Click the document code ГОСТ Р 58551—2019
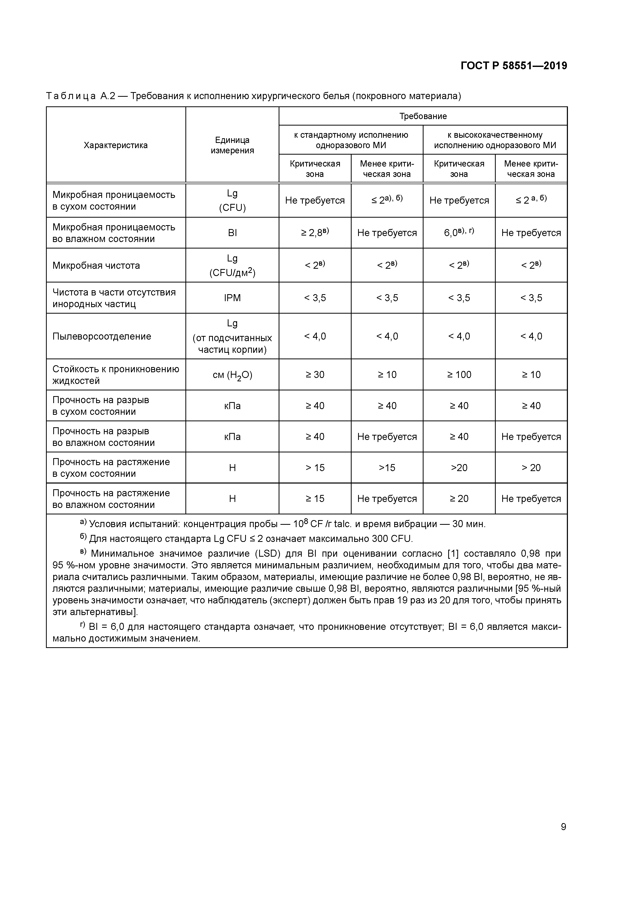pyautogui.click(x=514, y=66)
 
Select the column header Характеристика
pyautogui.click(x=116, y=145)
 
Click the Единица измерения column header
pyautogui.click(x=232, y=145)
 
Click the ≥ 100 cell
pyautogui.click(x=459, y=375)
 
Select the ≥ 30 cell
pyautogui.click(x=315, y=375)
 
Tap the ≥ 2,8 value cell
pyautogui.click(x=315, y=233)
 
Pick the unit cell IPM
pyautogui.click(x=232, y=298)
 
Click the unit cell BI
pyautogui.click(x=232, y=233)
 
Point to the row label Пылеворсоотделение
pyautogui.click(x=102, y=336)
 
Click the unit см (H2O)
pyautogui.click(x=232, y=375)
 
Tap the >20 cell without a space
pyautogui.click(x=459, y=468)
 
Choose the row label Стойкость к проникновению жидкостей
pyautogui.click(x=116, y=375)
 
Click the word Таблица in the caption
pyautogui.click(x=71, y=96)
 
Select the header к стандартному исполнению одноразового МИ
pyautogui.click(x=351, y=140)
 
